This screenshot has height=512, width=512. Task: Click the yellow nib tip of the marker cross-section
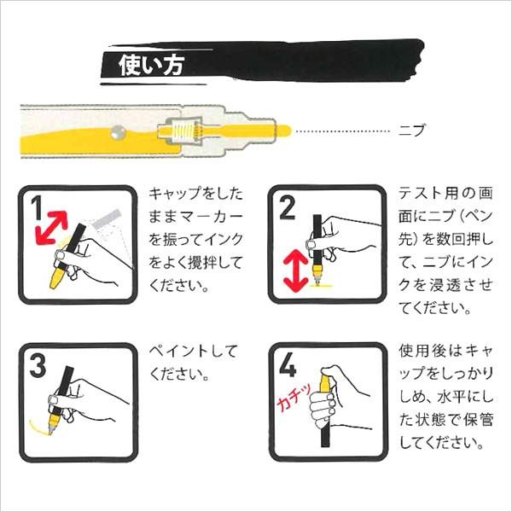(286, 131)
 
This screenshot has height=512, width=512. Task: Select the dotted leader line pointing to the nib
(345, 131)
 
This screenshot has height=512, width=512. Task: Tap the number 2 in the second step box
(286, 207)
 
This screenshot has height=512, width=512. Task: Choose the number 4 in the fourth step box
(287, 367)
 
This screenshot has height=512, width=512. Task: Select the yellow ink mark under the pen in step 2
(322, 288)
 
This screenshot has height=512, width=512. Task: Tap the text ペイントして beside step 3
(193, 352)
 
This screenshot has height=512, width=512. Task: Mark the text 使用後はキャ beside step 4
(444, 352)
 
